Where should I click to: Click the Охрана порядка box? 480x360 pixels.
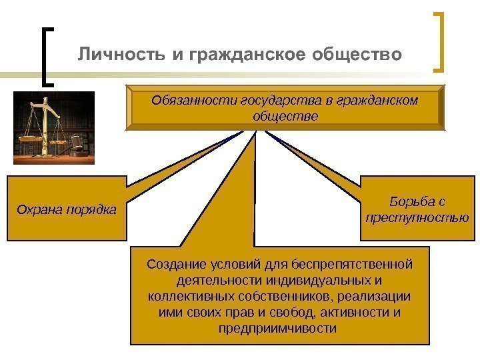pos(66,209)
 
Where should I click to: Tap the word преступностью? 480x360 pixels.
pos(417,217)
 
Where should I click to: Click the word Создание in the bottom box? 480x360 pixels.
pos(174,265)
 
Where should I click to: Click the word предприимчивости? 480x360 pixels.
pos(278,329)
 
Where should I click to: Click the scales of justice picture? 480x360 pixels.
pos(55,127)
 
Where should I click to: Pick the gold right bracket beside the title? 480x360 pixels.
pos(439,41)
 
